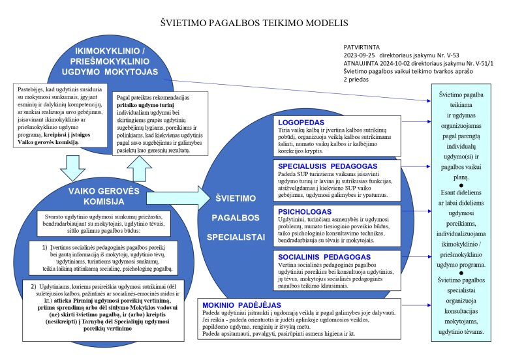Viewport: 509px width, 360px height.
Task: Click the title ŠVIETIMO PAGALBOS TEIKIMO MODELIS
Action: tap(254, 22)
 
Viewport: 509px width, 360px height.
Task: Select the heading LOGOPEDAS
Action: tap(301, 122)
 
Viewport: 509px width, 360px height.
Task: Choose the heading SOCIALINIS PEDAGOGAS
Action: tap(325, 256)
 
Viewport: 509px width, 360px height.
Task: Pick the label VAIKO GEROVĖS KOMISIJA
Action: tap(97, 195)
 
